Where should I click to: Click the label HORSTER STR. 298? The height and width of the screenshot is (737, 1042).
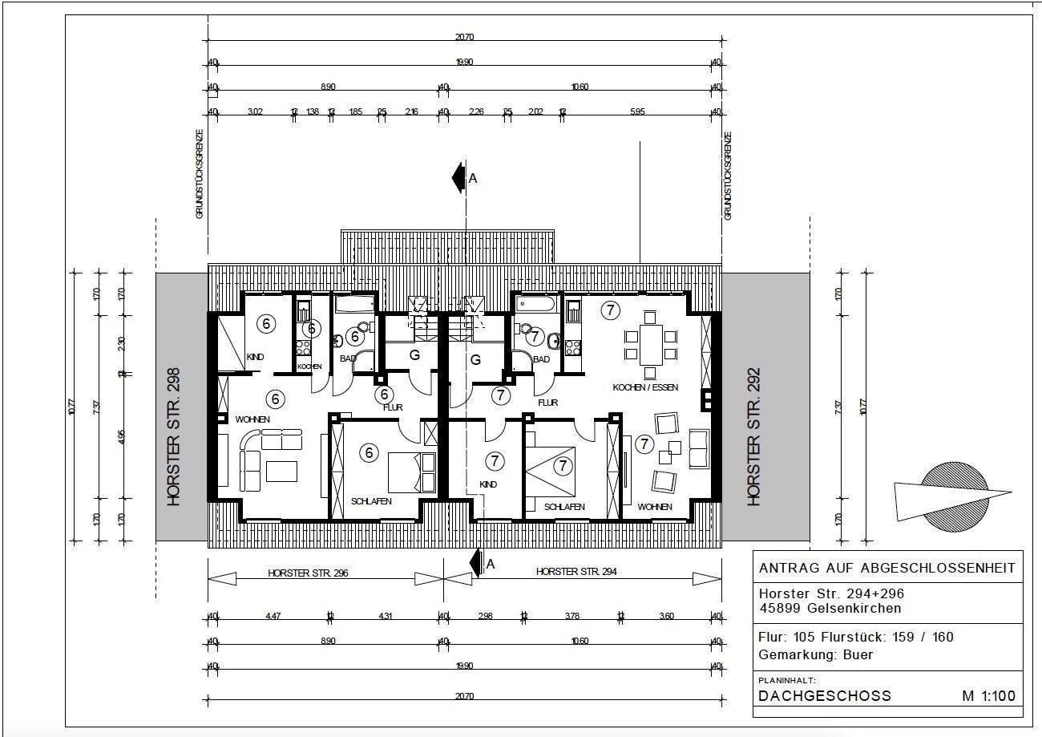[174, 437]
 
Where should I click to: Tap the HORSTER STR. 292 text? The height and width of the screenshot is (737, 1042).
[753, 437]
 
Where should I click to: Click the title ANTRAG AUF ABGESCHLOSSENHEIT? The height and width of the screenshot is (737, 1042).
[887, 568]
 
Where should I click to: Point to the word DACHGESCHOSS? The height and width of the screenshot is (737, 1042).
[824, 695]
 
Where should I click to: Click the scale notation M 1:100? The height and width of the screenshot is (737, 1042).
[988, 695]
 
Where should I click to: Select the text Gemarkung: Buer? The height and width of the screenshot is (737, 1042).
[815, 654]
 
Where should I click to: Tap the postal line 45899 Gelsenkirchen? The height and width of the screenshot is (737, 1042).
[830, 608]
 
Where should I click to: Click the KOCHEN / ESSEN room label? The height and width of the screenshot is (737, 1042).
[645, 387]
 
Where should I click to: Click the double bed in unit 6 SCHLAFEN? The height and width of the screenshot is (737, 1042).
[411, 472]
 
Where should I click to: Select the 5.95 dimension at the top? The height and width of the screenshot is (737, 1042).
[637, 111]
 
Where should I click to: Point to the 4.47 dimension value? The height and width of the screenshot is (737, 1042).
[273, 616]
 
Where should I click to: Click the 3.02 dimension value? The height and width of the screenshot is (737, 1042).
[255, 111]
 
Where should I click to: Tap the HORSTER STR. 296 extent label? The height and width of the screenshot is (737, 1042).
[309, 573]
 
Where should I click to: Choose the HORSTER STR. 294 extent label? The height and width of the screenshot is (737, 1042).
[576, 573]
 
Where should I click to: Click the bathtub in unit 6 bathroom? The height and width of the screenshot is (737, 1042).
[354, 304]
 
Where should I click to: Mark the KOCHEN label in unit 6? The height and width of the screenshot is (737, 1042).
[309, 366]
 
